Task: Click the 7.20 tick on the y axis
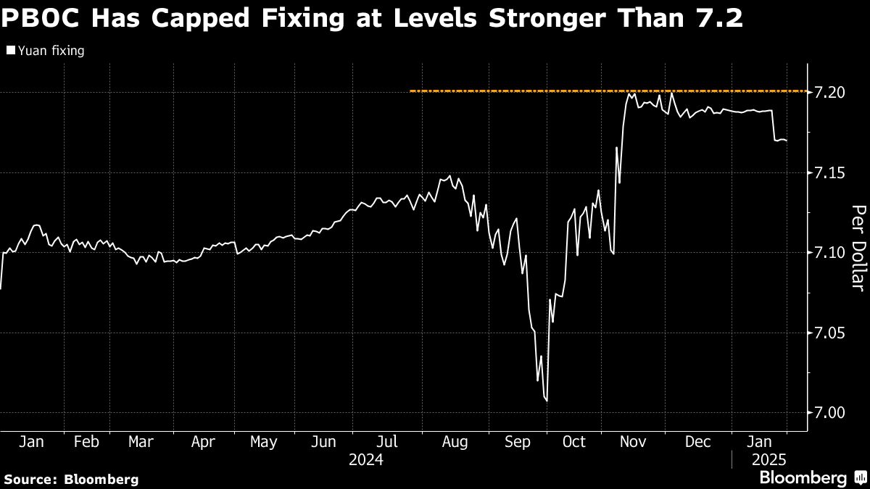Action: click(831, 93)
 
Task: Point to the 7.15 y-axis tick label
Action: click(831, 173)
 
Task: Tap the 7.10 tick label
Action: click(831, 253)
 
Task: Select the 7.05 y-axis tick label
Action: click(831, 333)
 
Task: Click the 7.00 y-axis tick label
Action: click(831, 413)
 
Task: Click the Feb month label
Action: click(86, 442)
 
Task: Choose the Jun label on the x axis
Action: click(325, 442)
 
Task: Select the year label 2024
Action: click(366, 460)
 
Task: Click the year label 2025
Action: click(768, 460)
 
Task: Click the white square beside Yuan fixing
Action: click(10, 51)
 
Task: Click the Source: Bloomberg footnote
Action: click(71, 479)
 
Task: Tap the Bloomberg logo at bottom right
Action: click(812, 477)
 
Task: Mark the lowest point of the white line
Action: click(546, 401)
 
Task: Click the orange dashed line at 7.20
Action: click(507, 91)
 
